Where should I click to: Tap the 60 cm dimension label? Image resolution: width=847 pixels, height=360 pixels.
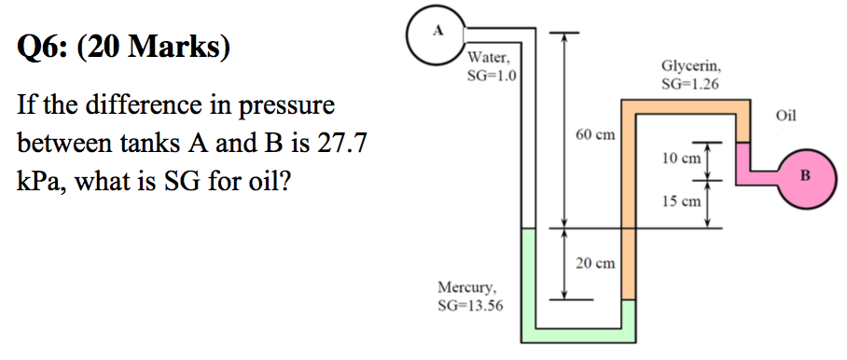(595, 135)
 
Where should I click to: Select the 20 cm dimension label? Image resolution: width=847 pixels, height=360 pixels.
(595, 264)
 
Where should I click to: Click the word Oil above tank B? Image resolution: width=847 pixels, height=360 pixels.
(786, 117)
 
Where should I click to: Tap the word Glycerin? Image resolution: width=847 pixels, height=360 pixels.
(689, 67)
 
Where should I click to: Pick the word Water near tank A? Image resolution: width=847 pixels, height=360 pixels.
(488, 58)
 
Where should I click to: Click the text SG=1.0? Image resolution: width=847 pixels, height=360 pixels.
(492, 74)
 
